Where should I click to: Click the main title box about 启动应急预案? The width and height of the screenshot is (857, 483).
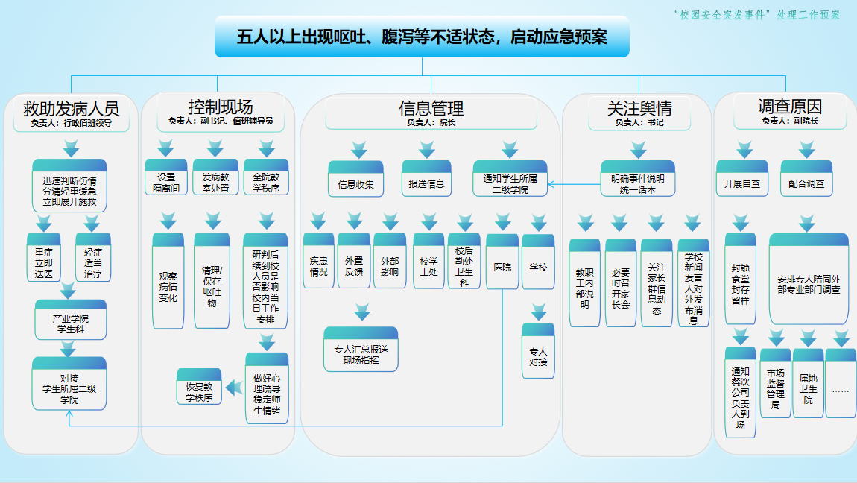click(422, 37)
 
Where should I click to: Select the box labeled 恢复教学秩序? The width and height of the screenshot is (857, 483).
click(199, 392)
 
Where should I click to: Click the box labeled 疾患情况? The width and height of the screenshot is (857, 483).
click(318, 266)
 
